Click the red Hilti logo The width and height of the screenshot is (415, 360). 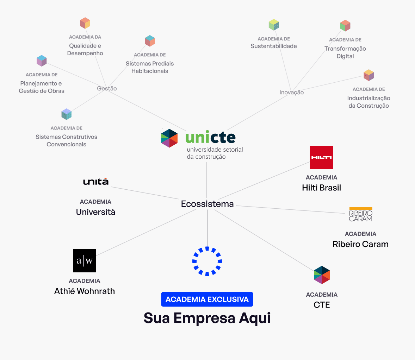click(321, 157)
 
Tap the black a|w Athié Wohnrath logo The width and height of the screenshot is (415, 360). click(85, 261)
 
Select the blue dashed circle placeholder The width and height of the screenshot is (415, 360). click(207, 261)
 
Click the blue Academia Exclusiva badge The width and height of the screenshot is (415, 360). click(207, 299)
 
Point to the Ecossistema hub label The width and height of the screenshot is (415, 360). click(207, 204)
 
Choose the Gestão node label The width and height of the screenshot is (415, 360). click(107, 89)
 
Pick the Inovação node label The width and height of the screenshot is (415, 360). click(291, 92)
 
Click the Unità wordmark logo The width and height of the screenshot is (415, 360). click(96, 182)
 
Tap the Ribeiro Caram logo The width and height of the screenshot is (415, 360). click(360, 214)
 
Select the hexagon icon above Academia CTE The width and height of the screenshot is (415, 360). click(322, 275)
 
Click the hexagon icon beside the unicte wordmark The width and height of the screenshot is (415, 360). click(169, 138)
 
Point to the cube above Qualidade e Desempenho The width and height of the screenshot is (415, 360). click(85, 23)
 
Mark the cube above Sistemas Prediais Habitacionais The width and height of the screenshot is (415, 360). click(150, 41)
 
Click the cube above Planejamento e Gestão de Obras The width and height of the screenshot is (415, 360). click(42, 61)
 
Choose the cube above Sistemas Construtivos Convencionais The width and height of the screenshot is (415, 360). click(66, 114)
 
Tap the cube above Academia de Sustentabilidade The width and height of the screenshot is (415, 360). click(274, 25)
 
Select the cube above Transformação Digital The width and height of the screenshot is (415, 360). click(345, 26)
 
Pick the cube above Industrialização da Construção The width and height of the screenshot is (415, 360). click(368, 75)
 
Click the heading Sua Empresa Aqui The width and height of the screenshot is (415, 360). click(207, 318)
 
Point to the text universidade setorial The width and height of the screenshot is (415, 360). click(215, 150)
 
